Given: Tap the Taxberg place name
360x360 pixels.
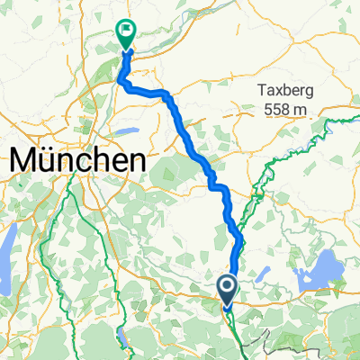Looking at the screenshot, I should pos(288,91).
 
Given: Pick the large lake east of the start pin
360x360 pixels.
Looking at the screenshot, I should pos(328,266).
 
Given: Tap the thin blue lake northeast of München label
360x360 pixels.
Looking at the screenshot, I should pos(127,131).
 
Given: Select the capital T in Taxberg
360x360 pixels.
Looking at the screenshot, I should pos(261,91).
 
